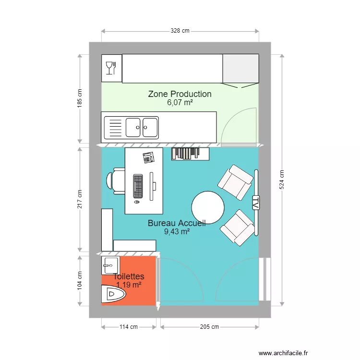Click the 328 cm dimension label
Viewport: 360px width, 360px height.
[180, 31]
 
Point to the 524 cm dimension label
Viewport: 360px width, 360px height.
[282, 180]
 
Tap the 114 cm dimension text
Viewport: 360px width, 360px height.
[128, 327]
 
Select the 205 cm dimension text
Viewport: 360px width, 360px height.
[209, 327]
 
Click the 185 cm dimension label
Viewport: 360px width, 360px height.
[79, 98]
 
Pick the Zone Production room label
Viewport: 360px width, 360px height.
[180, 94]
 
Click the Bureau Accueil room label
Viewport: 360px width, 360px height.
[177, 223]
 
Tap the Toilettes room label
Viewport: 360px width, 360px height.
[129, 276]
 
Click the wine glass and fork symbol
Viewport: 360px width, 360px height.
[111, 68]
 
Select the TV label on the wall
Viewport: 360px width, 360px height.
[256, 203]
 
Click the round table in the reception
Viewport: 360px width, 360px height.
[208, 207]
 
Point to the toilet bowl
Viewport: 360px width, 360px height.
[113, 294]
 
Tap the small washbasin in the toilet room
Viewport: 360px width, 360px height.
[110, 265]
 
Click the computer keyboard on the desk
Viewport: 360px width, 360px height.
[138, 186]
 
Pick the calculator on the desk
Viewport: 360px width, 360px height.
[148, 157]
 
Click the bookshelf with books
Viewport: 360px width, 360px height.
[191, 154]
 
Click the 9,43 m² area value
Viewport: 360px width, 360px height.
[177, 232]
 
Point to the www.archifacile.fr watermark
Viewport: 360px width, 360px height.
[283, 353]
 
